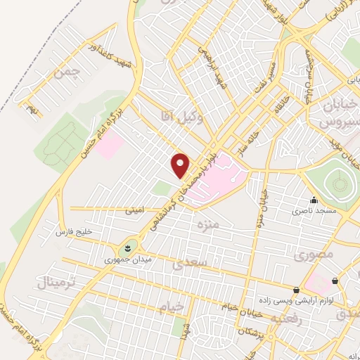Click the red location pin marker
(181, 165)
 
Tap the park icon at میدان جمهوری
(127, 247)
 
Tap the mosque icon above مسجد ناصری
(314, 200)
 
